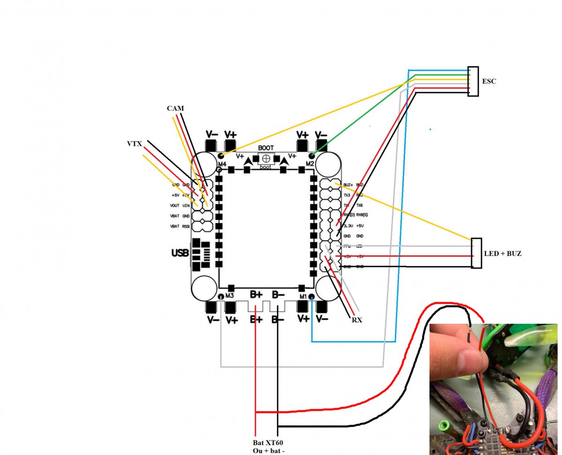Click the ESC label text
click(489, 82)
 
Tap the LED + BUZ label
click(503, 254)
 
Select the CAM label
click(175, 108)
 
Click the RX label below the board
click(357, 321)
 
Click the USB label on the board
click(180, 254)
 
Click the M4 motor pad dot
click(221, 156)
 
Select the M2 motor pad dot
click(311, 155)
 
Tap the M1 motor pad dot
click(311, 296)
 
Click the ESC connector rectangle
click(473, 82)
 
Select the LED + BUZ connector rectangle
click(476, 253)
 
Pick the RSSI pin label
click(186, 226)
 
